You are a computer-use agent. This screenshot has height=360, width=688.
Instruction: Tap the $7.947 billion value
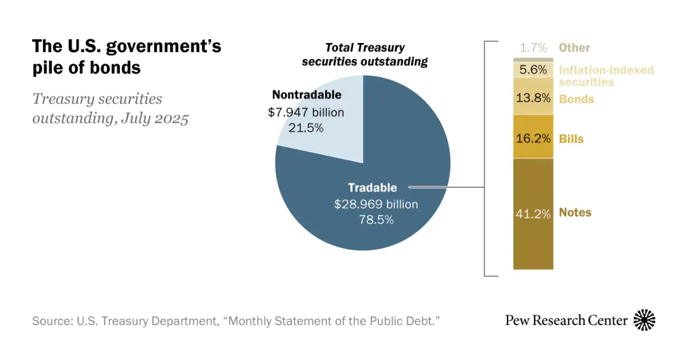pyautogui.click(x=306, y=112)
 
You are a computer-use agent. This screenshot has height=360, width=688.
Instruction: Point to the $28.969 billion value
pyautogui.click(x=376, y=204)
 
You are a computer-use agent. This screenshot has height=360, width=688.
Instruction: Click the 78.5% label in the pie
pyautogui.click(x=376, y=219)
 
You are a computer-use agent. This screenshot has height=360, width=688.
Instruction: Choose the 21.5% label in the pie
pyautogui.click(x=306, y=128)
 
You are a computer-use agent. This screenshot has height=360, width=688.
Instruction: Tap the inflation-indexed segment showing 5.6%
pyautogui.click(x=533, y=70)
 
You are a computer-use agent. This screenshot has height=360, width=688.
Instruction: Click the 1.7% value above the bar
pyautogui.click(x=533, y=48)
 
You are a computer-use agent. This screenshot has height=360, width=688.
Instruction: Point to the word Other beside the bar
pyautogui.click(x=574, y=48)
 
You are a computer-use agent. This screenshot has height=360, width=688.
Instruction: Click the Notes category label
pyautogui.click(x=575, y=213)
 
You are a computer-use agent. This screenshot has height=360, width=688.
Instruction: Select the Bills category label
pyautogui.click(x=571, y=139)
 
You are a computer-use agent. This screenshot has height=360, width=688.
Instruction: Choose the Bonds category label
pyautogui.click(x=576, y=99)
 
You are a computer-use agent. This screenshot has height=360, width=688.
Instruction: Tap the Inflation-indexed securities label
pyautogui.click(x=605, y=76)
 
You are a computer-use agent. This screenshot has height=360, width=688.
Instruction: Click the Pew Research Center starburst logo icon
pyautogui.click(x=644, y=320)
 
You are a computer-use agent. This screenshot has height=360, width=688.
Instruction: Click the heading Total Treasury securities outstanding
pyautogui.click(x=365, y=55)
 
